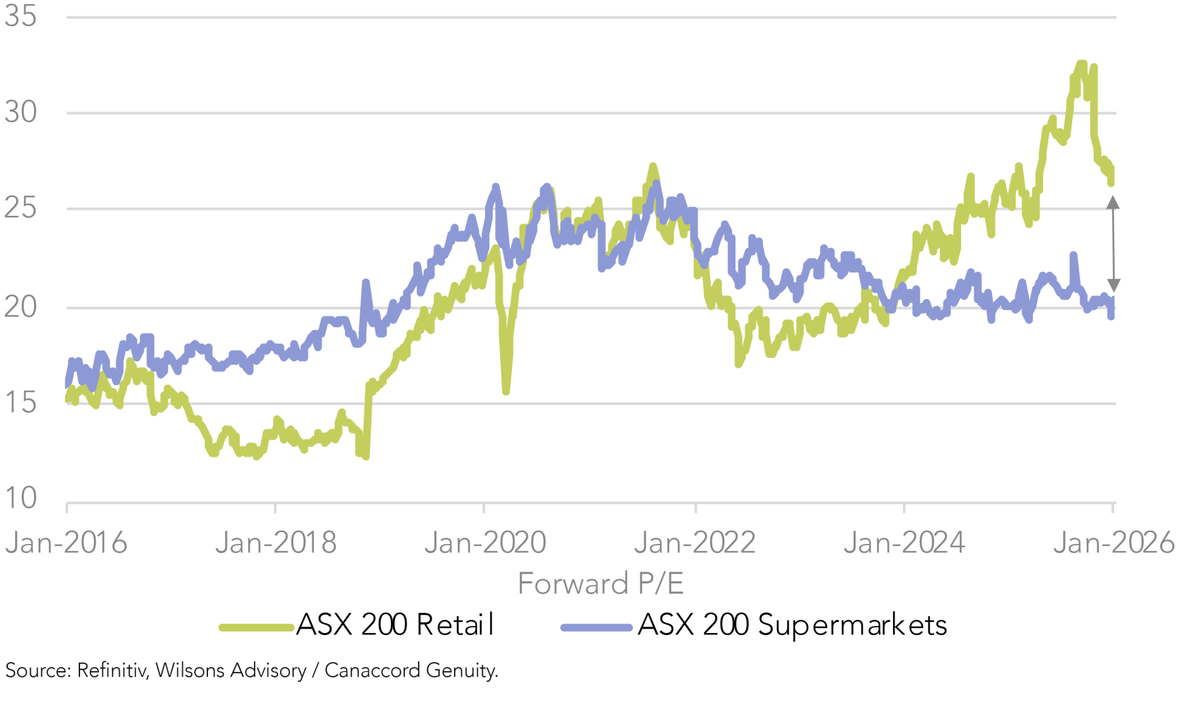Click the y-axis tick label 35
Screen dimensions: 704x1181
tap(20, 16)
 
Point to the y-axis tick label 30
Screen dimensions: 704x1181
tap(20, 112)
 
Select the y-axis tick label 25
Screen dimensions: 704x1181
tap(20, 209)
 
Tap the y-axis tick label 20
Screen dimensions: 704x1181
tap(20, 306)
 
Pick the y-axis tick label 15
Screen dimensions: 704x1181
tap(20, 402)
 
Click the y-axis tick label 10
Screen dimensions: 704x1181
tap(20, 498)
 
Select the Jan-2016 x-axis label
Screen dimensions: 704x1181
tap(66, 543)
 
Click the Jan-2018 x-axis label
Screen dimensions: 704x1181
tap(276, 543)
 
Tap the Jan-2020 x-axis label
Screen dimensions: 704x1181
tap(485, 543)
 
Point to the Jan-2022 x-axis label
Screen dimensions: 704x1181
tap(695, 543)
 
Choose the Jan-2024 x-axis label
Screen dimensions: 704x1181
tap(904, 543)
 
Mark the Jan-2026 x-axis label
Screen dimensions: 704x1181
tap(1113, 543)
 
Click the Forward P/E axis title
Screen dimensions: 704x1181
tap(600, 583)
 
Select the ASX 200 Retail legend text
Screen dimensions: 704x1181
tap(394, 625)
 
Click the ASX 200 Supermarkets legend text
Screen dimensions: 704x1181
tap(792, 625)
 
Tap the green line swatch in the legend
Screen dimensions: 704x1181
tap(256, 628)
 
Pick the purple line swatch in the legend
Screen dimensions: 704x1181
tap(596, 628)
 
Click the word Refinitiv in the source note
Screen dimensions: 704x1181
tap(112, 671)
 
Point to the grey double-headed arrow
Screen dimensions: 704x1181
tap(1113, 244)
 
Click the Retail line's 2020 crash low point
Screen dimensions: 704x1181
tap(506, 391)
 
